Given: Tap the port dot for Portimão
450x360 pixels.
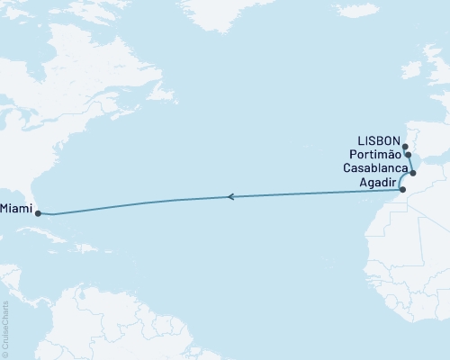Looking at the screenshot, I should tap(408, 155).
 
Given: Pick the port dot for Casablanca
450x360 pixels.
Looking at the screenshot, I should tap(413, 172).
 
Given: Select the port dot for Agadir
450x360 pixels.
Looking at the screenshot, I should tap(402, 190).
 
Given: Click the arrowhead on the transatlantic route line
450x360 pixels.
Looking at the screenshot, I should tap(231, 196).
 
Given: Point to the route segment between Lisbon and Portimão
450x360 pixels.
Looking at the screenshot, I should tap(406, 150).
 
